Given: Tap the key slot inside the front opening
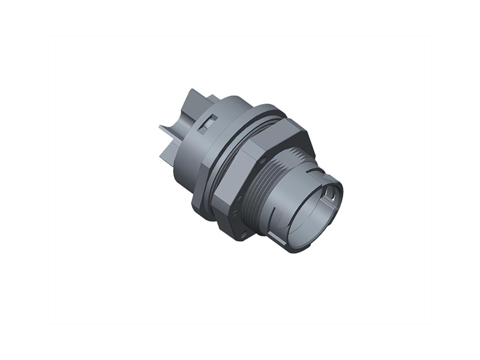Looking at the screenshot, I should point(330,195).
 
